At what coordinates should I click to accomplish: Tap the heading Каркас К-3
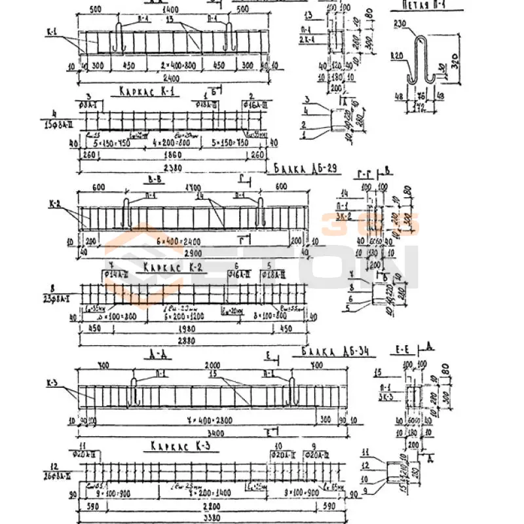pos(172,445)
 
